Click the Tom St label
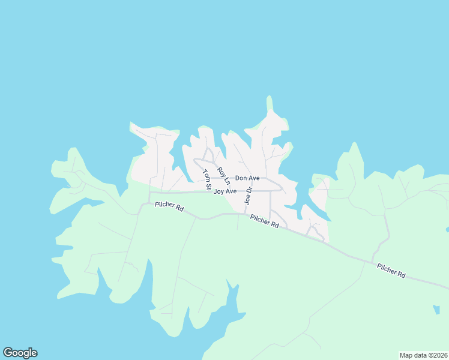(206, 179)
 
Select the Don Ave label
(247, 178)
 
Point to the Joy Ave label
(225, 191)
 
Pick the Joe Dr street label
(248, 196)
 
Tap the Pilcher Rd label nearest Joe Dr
(265, 221)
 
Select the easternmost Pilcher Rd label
(391, 271)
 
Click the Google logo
(20, 353)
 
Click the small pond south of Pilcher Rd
(436, 310)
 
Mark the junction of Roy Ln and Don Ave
(231, 178)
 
